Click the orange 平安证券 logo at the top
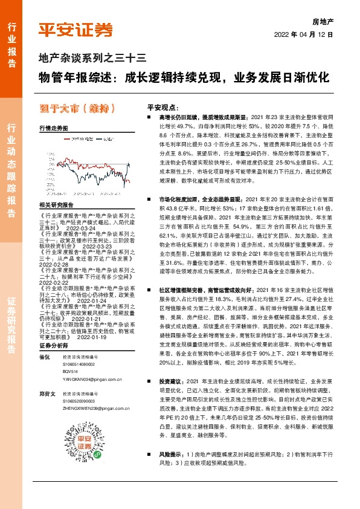[x=76, y=29]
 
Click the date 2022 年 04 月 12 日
[x=308, y=35]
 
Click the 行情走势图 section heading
[x=53, y=129]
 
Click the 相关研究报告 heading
[x=55, y=204]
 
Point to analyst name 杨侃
[x=44, y=357]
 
